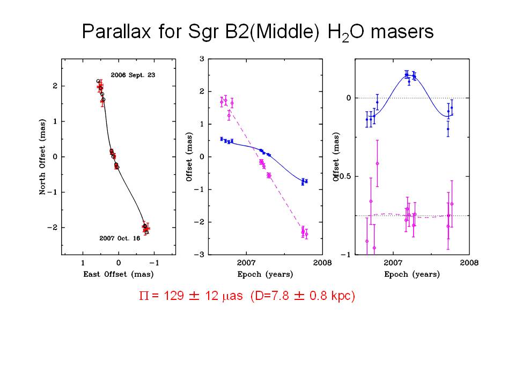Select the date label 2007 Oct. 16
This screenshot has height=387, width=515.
point(120,238)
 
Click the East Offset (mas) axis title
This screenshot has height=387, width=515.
point(118,274)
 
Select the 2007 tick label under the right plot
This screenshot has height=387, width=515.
point(393,263)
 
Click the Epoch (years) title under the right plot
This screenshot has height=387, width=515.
point(412,274)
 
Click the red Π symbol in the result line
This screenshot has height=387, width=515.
point(144,296)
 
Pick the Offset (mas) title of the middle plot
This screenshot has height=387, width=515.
point(189,157)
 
